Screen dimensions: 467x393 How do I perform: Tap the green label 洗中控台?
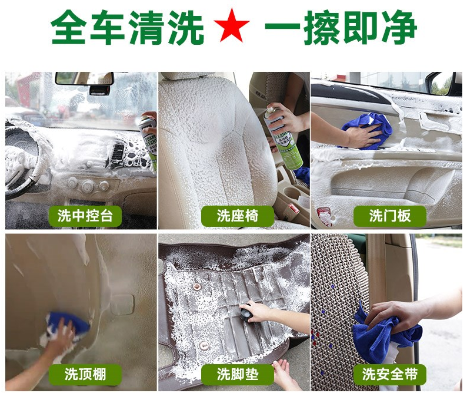pyautogui.click(x=85, y=216)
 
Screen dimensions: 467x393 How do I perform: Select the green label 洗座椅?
pyautogui.click(x=238, y=216)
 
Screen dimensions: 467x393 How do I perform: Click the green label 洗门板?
pyautogui.click(x=389, y=216)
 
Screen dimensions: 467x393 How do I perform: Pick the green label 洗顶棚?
pyautogui.click(x=85, y=374)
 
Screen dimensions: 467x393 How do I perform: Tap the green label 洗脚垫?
pyautogui.click(x=238, y=374)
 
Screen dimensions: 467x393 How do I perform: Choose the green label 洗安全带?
pyautogui.click(x=389, y=374)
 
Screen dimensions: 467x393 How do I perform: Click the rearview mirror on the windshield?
pyautogui.click(x=84, y=78)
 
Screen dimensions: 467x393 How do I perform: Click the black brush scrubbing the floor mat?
pyautogui.click(x=247, y=314)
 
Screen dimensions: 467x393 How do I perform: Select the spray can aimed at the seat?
pyautogui.click(x=283, y=139)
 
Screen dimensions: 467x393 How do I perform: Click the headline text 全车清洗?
pyautogui.click(x=127, y=27)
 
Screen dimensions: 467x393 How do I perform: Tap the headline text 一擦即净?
pyautogui.click(x=341, y=27)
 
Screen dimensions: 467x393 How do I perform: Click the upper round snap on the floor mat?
pyautogui.click(x=196, y=287)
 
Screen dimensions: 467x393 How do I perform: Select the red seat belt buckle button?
pyautogui.click(x=292, y=208)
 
